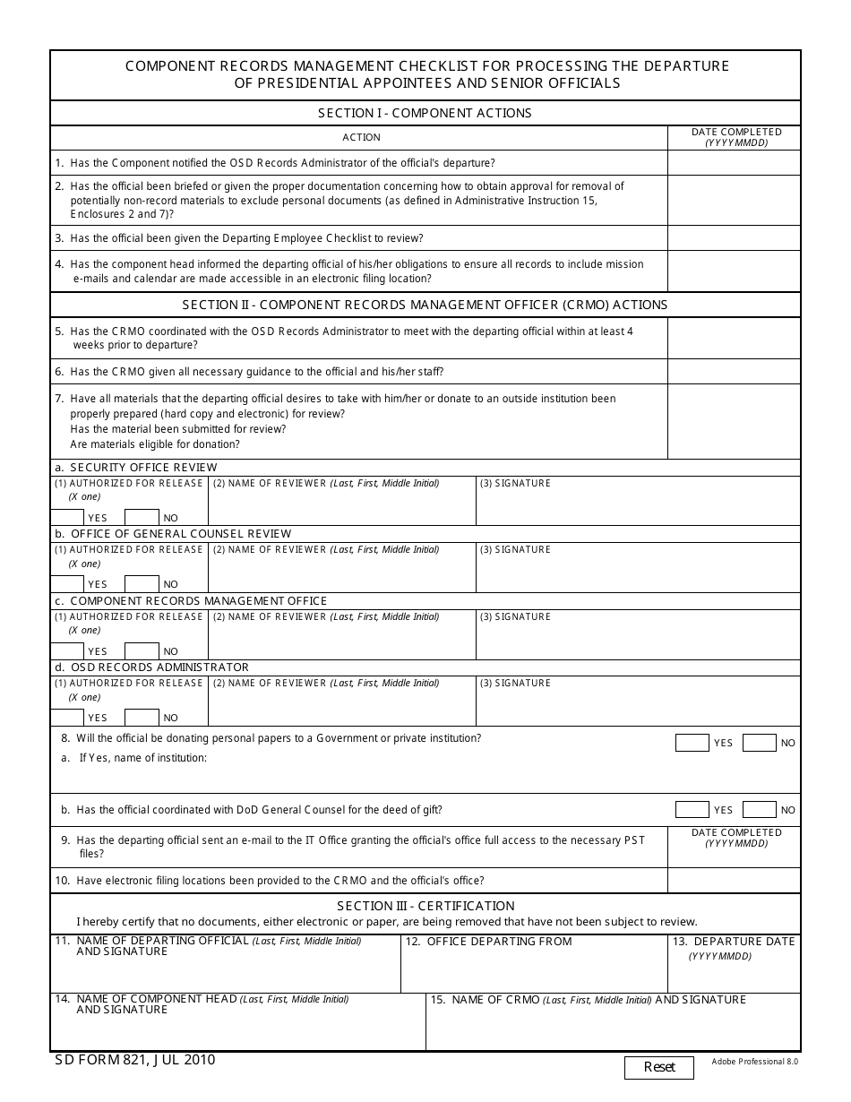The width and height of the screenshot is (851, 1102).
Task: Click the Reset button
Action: coord(659,1067)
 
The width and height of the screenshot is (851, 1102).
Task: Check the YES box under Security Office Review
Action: coord(67,517)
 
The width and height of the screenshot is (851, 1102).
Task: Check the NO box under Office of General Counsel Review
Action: coord(142,583)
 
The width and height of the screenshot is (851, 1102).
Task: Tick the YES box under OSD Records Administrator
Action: coord(67,717)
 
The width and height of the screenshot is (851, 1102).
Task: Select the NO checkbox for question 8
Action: coord(759,743)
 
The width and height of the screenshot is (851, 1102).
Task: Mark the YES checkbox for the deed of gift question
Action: coord(692,810)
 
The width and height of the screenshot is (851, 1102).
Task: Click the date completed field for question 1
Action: coord(734,162)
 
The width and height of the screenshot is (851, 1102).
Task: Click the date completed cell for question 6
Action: coord(734,371)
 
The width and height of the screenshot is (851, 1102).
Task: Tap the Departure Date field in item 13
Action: coord(735,972)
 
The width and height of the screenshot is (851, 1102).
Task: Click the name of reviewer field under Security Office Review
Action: coord(341,507)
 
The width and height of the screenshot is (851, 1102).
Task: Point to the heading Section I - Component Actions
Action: coord(425,113)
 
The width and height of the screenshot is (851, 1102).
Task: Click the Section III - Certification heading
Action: coord(425,906)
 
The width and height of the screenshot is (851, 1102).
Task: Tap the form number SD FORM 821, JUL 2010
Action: coord(133,1060)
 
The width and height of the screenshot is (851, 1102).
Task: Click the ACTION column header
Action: coord(361,137)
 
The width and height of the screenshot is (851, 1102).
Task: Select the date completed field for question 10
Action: coord(734,880)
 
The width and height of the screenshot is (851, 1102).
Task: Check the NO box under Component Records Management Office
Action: coord(142,650)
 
